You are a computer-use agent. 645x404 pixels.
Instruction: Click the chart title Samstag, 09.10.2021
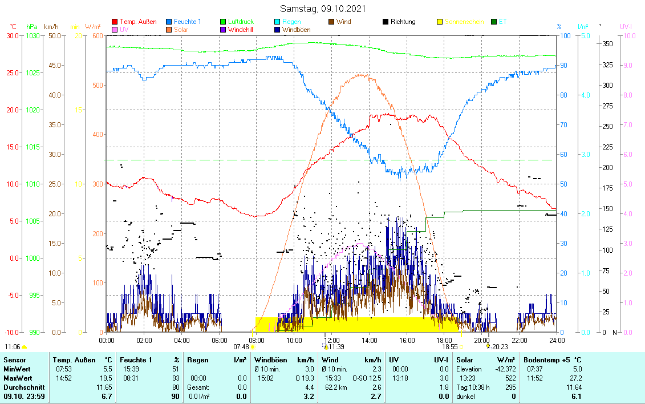point(323,9)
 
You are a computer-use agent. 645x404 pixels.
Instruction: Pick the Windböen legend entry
point(296,30)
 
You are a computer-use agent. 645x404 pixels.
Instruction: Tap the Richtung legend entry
point(403,22)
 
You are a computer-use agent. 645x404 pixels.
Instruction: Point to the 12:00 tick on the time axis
point(331,340)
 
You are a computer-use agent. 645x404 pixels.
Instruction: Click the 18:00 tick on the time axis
point(444,340)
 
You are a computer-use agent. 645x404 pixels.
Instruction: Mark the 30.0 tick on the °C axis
point(12,35)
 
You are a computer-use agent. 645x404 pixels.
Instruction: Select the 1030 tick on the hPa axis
point(33,35)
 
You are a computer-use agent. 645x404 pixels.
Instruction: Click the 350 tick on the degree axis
point(607,44)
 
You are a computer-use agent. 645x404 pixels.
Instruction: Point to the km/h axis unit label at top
point(51,27)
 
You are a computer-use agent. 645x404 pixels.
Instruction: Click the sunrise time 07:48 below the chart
point(241,346)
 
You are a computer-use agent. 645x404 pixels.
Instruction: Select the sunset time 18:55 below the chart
point(450,346)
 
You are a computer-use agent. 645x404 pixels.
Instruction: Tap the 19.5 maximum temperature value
point(106,378)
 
